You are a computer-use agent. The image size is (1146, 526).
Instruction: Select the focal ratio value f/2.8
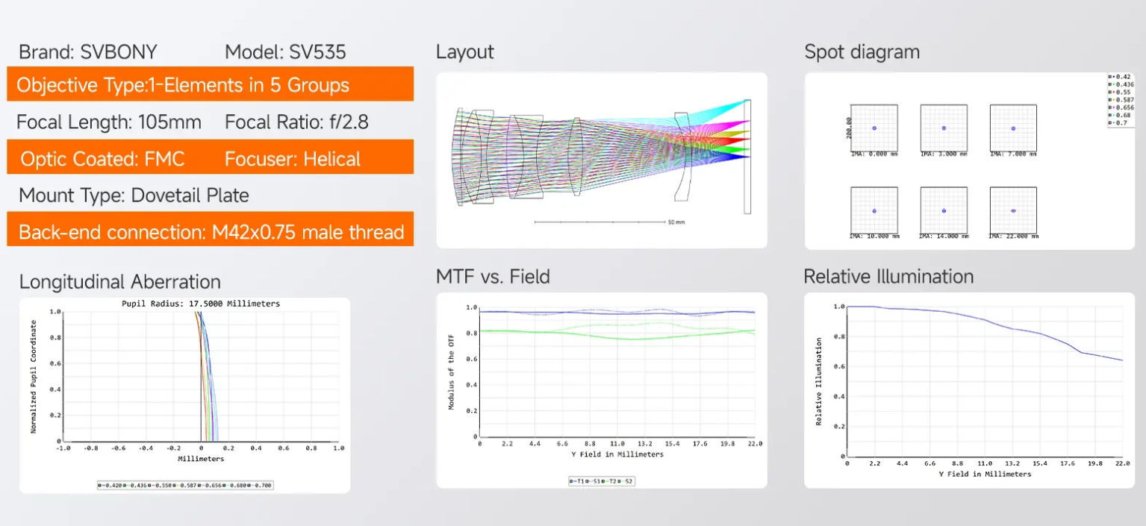[x=350, y=122]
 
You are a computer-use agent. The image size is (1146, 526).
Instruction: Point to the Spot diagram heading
[x=862, y=52]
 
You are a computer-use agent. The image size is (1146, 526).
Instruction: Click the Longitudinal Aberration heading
[x=120, y=282]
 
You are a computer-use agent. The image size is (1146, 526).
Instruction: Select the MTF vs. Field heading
[x=493, y=277]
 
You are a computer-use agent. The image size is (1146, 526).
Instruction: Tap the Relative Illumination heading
[x=888, y=277]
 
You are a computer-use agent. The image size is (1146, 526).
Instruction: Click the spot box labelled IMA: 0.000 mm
[x=874, y=128]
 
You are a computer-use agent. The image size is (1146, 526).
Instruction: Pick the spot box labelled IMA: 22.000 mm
[x=1013, y=210]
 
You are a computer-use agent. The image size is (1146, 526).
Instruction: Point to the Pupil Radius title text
[x=200, y=304]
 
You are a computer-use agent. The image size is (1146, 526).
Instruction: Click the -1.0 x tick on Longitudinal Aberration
[x=63, y=448]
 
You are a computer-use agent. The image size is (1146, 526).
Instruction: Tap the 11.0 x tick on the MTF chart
[x=617, y=443]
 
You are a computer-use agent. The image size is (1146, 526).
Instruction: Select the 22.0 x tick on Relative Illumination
[x=1122, y=463]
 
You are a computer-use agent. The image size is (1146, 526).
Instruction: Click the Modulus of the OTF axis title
[x=451, y=371]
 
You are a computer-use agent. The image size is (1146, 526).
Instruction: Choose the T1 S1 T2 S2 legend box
[x=601, y=481]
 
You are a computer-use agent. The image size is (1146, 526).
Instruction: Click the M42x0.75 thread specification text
[x=308, y=232]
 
